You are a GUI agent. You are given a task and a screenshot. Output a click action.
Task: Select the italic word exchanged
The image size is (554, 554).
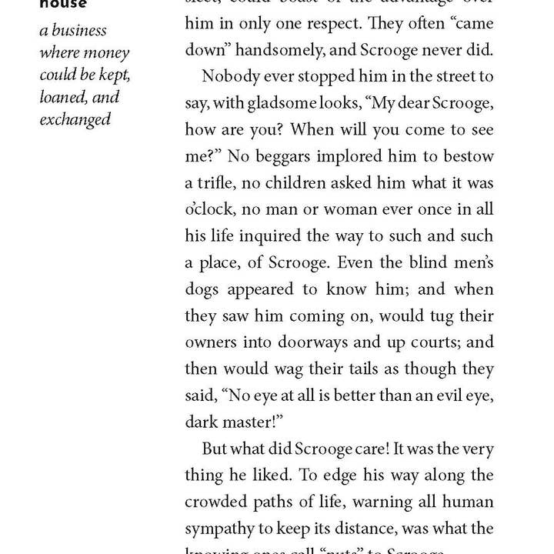(75, 119)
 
